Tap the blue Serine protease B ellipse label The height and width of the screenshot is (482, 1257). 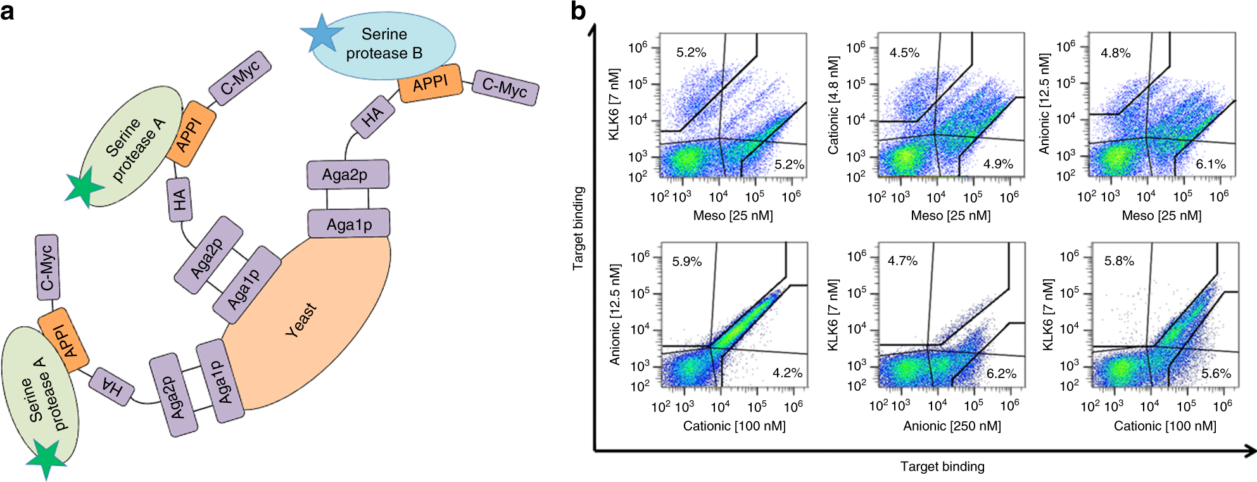(x=384, y=43)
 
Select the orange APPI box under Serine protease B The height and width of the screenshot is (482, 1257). (x=430, y=83)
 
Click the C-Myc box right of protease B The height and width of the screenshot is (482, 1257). (x=505, y=87)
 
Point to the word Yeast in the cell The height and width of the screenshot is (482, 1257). (x=301, y=319)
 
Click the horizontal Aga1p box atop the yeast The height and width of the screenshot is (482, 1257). (x=349, y=224)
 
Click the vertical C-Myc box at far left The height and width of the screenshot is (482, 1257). (x=47, y=267)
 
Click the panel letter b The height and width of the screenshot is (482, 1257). (x=578, y=11)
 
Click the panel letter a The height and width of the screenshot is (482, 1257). (x=8, y=11)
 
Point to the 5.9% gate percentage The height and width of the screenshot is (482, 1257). (x=686, y=262)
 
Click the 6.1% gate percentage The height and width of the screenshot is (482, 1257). (x=1210, y=164)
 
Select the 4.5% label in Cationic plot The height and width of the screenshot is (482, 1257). (x=904, y=53)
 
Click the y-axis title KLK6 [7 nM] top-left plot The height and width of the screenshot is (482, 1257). (x=614, y=105)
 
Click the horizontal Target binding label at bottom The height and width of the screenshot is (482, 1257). (x=942, y=467)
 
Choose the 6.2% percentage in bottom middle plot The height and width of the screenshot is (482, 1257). (x=1001, y=374)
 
